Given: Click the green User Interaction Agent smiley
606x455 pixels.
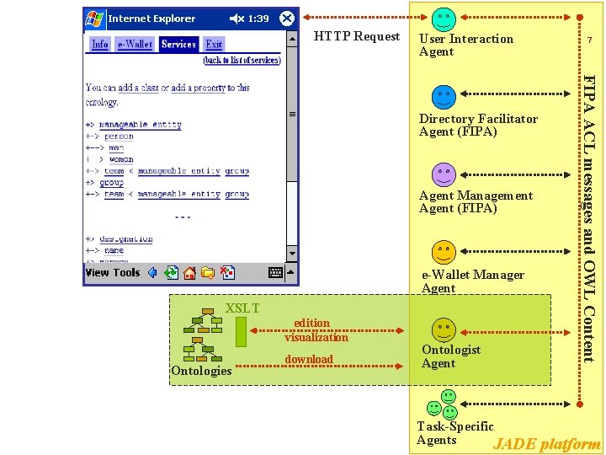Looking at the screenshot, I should (444, 18).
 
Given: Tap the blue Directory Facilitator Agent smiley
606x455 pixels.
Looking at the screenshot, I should (444, 97).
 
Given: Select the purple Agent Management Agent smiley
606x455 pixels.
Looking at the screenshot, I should (444, 174).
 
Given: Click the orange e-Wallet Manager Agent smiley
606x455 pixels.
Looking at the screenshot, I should (444, 252).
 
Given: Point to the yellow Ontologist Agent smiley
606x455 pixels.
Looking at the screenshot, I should (444, 329).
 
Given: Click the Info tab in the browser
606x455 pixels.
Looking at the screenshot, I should (99, 45).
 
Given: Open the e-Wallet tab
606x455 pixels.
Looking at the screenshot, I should (135, 45).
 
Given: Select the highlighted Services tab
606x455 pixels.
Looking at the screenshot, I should (178, 45).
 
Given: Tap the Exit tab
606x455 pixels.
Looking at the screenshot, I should (215, 45).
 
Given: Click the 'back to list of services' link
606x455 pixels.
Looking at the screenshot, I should (242, 61).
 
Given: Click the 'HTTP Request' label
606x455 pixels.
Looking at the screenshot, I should (357, 36).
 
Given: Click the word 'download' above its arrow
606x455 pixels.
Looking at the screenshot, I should (309, 359).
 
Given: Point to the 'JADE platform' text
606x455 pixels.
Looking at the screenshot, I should (547, 444).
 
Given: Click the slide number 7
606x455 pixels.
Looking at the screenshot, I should (590, 40).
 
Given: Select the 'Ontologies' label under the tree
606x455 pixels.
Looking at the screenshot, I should (201, 371).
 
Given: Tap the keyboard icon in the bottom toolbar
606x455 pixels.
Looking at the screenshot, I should (275, 272).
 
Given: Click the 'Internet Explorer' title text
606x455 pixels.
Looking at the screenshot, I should (151, 19).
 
